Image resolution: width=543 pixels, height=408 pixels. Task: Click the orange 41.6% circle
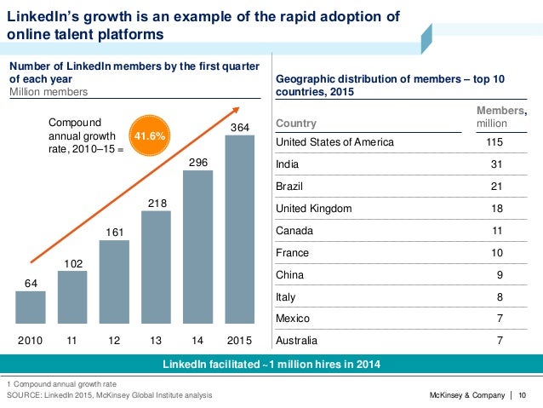[147, 135]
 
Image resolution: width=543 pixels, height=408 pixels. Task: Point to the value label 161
[114, 232]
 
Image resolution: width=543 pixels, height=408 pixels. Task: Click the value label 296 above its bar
[197, 161]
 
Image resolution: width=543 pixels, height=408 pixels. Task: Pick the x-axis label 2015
[239, 341]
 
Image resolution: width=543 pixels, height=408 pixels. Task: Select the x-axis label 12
[114, 341]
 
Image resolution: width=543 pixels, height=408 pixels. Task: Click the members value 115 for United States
[491, 142]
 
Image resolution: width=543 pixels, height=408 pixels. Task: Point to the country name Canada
[295, 230]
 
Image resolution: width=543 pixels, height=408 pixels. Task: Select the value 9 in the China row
[499, 274]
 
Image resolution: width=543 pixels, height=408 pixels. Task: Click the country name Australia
[299, 341]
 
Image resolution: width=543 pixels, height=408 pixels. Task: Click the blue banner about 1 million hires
[271, 365]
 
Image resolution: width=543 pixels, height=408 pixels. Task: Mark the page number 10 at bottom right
[522, 395]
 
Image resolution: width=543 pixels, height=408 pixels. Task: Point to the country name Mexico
[294, 319]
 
